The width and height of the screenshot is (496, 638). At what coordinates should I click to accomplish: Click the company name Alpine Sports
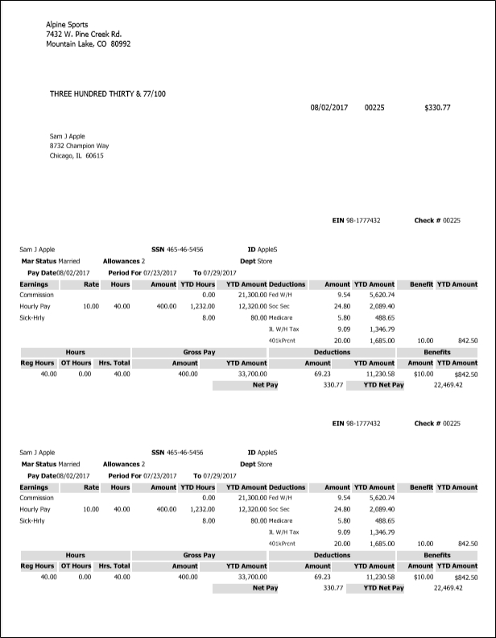(67, 25)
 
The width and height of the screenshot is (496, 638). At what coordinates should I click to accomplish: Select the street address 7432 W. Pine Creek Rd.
(83, 35)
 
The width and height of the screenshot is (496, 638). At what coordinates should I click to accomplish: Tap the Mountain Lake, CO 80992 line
(88, 44)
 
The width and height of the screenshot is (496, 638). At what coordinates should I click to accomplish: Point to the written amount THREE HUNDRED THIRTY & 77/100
(108, 93)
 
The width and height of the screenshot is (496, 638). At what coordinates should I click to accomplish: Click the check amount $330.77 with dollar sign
(436, 107)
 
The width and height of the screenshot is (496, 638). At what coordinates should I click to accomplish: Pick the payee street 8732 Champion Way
(79, 146)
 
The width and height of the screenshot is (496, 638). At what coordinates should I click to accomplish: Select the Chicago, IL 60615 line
(76, 156)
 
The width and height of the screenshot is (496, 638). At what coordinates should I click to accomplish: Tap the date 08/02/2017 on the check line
(329, 107)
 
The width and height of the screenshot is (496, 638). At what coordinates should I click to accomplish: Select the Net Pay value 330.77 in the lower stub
(332, 588)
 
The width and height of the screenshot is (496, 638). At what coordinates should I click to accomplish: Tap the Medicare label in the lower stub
(280, 521)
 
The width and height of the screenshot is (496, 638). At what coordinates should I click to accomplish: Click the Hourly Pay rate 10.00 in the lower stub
(91, 510)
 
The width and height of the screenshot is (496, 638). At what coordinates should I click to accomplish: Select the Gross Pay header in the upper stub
(200, 352)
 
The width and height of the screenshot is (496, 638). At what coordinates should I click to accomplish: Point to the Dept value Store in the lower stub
(265, 464)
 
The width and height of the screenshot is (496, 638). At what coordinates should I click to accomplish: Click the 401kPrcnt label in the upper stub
(283, 341)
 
